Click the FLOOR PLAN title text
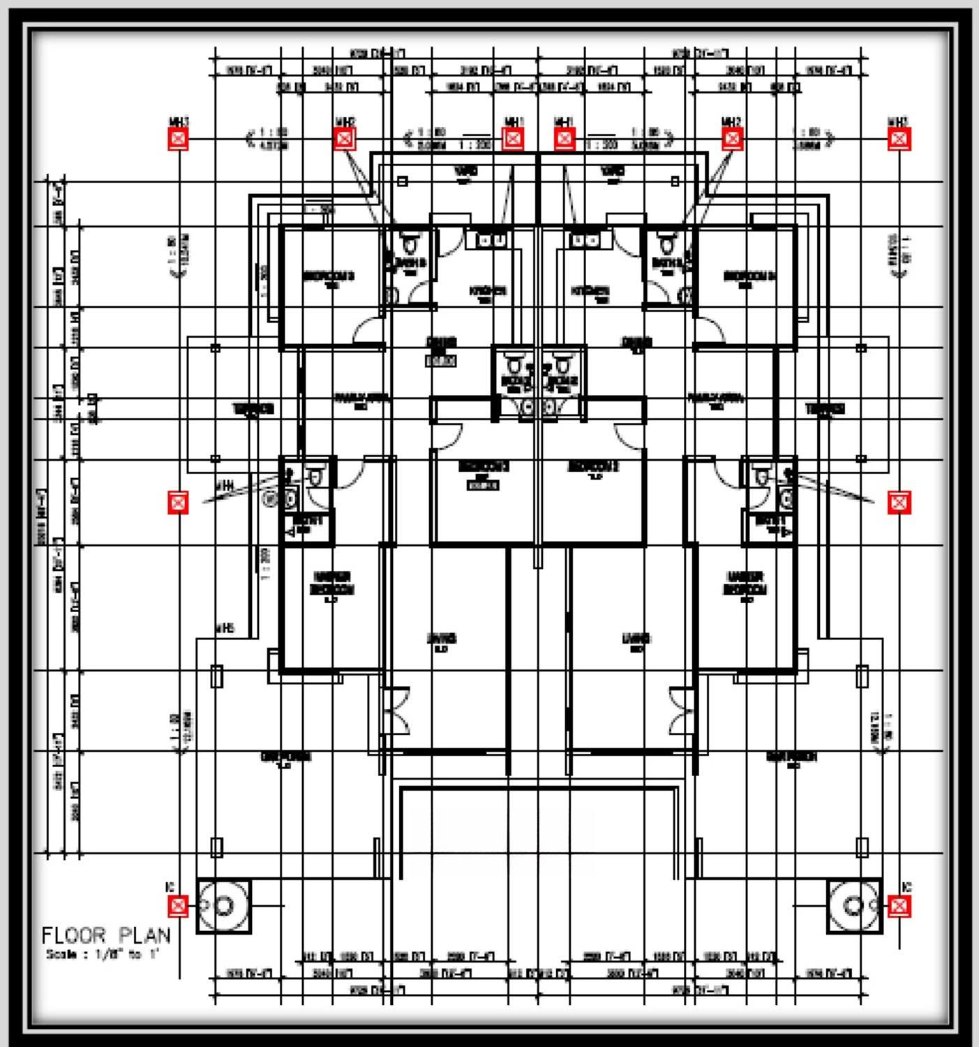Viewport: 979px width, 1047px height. tap(106, 935)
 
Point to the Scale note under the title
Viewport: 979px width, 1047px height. tap(103, 955)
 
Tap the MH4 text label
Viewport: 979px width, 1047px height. tap(224, 484)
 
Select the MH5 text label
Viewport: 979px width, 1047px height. tap(224, 628)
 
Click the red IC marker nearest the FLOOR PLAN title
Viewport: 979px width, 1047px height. tap(179, 906)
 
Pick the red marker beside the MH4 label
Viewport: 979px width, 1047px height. tap(179, 502)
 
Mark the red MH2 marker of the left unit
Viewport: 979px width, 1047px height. tap(345, 139)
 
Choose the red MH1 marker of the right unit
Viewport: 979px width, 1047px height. tap(565, 139)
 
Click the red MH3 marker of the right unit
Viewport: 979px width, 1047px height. tap(899, 139)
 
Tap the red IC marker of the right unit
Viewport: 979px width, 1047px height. tap(899, 906)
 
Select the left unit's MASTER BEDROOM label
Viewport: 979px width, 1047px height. tap(332, 584)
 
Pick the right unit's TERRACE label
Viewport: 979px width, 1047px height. tap(825, 408)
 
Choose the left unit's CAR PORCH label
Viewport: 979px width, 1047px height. tap(285, 757)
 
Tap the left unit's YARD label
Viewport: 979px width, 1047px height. tap(465, 171)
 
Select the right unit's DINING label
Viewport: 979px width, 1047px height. tap(636, 342)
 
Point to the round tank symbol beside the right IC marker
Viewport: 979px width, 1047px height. tap(853, 906)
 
